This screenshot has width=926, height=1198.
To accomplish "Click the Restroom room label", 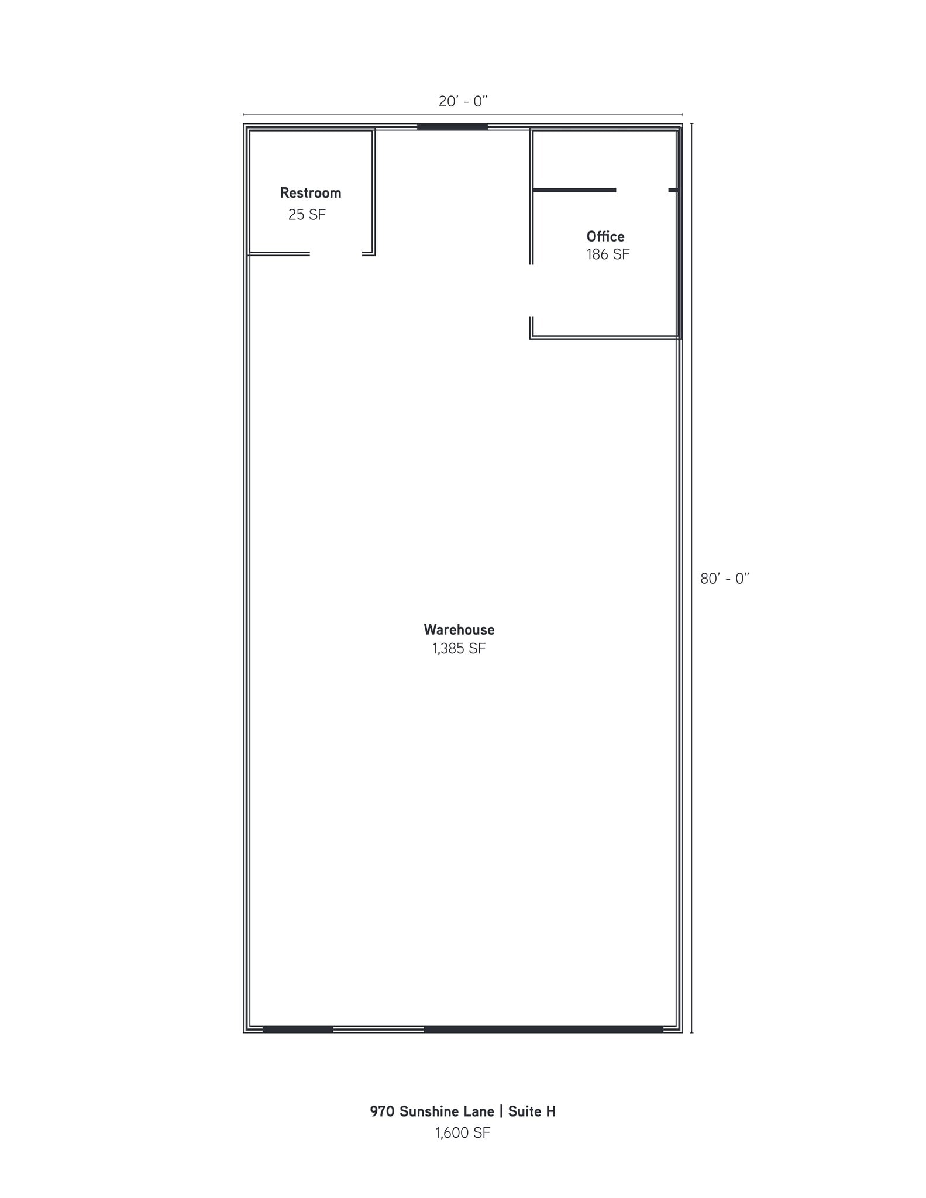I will [x=310, y=192].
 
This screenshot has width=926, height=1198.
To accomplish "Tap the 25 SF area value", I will [x=307, y=215].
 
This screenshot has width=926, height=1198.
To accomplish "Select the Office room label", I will [x=605, y=236].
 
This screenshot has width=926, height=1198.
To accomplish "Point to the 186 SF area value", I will [x=608, y=254].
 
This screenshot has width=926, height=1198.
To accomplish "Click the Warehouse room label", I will [x=459, y=629].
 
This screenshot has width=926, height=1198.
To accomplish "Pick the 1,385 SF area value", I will [x=459, y=648].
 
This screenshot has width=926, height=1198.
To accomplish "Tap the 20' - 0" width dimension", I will [x=463, y=101].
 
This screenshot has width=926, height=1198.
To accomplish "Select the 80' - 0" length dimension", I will [x=724, y=579].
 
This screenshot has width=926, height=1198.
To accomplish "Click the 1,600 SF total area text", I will [x=462, y=1133].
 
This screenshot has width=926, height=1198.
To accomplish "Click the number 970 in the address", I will [x=382, y=1111].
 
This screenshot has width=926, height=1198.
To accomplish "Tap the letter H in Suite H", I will [x=550, y=1111].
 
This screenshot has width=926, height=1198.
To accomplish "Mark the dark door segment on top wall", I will [x=452, y=127].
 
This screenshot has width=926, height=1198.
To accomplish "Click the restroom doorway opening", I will [x=336, y=254].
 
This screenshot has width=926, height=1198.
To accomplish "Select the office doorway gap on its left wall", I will [x=531, y=291].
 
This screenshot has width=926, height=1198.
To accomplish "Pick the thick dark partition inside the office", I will [x=574, y=190].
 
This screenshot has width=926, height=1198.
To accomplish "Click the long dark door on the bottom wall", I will [x=543, y=1030].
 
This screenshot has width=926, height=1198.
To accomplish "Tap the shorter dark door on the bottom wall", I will [x=298, y=1030].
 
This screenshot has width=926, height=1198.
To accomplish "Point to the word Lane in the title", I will [x=479, y=1111].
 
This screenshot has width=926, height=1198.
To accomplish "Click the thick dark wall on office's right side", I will [x=680, y=234].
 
